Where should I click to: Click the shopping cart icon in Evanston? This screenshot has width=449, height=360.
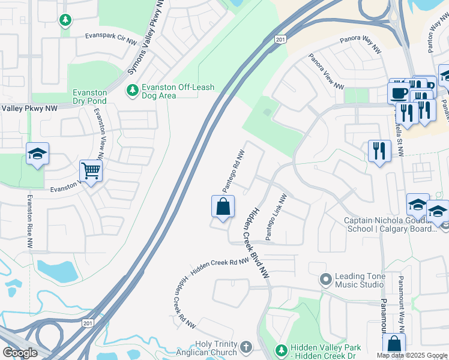coord(91,171)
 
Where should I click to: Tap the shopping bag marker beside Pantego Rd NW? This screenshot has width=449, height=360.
coord(222,207)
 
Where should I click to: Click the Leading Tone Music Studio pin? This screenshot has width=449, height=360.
coord(326,280)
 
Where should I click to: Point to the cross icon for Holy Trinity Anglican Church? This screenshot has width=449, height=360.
coord(246,347)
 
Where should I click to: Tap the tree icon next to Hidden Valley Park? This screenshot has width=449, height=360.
coord(280,350)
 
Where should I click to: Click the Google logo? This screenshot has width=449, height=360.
coord(19,352)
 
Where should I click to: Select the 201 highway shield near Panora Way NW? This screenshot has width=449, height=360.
coord(280,39)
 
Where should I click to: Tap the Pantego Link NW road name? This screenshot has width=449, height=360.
coord(277,217)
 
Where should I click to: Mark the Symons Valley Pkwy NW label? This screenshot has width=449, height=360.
coord(146,46)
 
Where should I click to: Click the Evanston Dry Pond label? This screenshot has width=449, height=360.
coord(89,97)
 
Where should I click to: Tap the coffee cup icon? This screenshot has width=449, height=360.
coord(399,93)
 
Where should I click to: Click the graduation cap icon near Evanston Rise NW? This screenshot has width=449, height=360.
coord(37,154)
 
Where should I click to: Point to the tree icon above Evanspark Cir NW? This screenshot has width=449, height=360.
coord(65,20)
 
